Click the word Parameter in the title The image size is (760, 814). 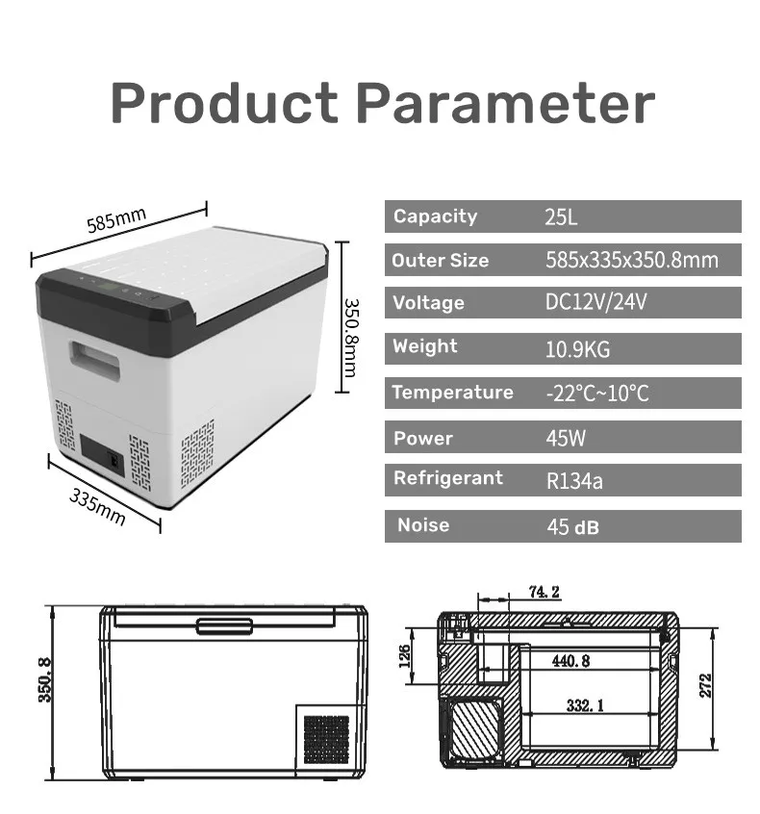click(x=511, y=103)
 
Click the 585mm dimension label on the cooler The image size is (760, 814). click(x=116, y=221)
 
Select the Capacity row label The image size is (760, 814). click(x=435, y=216)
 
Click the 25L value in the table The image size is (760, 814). click(x=561, y=217)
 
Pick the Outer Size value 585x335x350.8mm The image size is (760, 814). click(x=631, y=260)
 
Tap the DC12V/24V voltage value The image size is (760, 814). click(x=595, y=303)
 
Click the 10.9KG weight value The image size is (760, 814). click(x=578, y=349)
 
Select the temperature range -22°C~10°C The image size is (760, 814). click(x=596, y=393)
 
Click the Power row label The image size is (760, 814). click(x=422, y=439)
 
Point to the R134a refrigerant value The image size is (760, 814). click(x=574, y=480)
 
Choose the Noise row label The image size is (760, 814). click(x=423, y=525)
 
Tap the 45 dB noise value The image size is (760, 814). click(x=572, y=526)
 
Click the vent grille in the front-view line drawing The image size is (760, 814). click(x=326, y=738)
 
